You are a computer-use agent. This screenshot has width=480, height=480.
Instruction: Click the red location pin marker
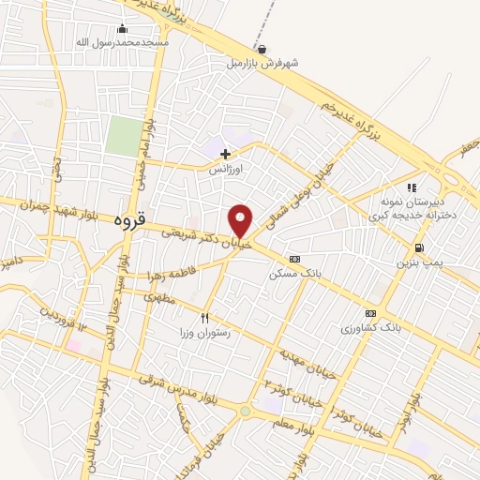[x=241, y=221]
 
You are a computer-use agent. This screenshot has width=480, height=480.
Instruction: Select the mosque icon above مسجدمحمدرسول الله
[x=123, y=29]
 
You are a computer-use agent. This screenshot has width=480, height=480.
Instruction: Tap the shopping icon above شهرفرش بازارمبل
[x=262, y=50]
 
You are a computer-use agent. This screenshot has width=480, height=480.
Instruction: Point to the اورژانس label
[x=225, y=170]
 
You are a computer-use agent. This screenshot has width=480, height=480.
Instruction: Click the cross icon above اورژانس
[x=225, y=153]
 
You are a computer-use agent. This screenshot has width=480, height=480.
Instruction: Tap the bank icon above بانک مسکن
[x=295, y=259]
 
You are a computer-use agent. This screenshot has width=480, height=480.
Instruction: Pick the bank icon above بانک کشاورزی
[x=371, y=313]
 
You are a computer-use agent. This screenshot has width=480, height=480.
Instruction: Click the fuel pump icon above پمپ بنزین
[x=418, y=248]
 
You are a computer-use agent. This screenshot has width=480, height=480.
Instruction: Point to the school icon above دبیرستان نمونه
[x=412, y=187]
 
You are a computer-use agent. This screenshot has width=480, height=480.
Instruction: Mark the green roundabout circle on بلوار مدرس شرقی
[x=246, y=410]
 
